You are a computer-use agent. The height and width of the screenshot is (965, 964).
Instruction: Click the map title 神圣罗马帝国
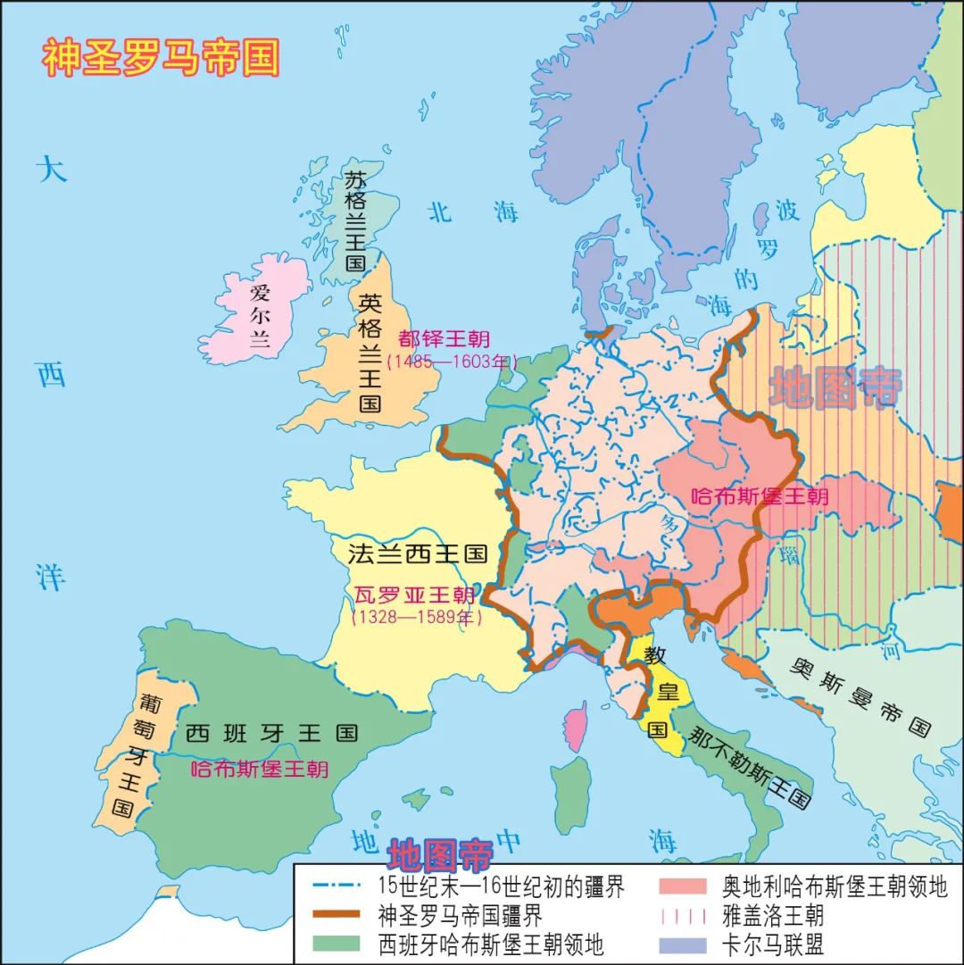click(161, 58)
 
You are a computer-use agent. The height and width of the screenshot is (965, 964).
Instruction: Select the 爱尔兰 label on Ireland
click(260, 314)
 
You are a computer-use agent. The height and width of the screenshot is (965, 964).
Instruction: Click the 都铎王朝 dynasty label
click(445, 339)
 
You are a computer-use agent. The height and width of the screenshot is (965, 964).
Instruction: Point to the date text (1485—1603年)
click(452, 362)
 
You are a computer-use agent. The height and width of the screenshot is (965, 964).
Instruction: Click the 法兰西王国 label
click(417, 554)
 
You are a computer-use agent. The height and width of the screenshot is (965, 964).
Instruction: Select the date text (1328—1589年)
click(416, 617)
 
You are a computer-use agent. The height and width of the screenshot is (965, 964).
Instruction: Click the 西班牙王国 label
click(272, 734)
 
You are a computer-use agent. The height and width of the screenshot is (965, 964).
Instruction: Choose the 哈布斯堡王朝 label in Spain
click(259, 769)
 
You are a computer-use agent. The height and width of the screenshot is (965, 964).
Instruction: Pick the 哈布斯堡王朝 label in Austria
click(760, 496)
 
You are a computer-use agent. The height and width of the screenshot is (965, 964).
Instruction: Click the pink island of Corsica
click(578, 724)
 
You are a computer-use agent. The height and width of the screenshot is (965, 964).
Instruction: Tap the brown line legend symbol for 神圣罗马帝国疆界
click(337, 915)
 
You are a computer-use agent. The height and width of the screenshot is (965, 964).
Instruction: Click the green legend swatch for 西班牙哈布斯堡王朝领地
click(337, 943)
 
